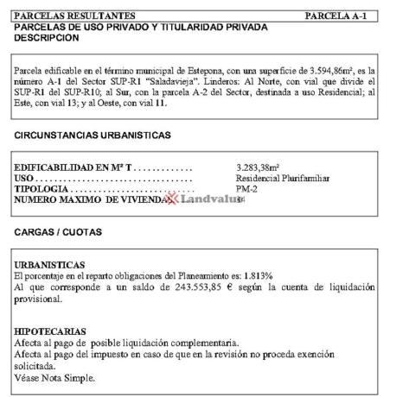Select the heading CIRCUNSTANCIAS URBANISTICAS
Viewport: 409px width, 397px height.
93,136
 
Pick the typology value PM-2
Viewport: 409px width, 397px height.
247,189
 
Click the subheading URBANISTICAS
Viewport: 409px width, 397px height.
50,264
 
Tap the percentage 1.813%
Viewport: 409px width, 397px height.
254,275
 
